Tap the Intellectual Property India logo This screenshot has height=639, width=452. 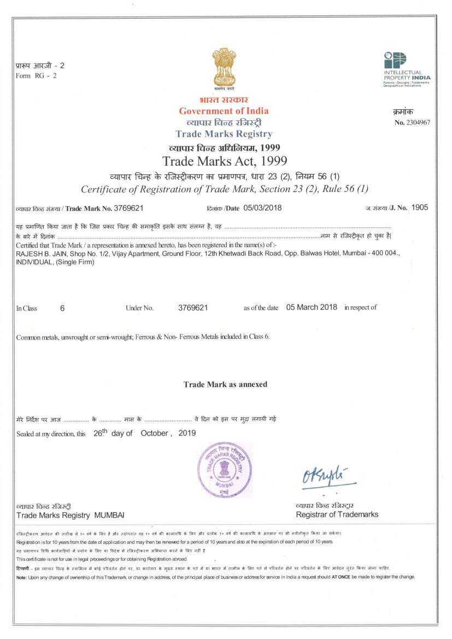click(x=407, y=69)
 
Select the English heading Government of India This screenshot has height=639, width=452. click(x=224, y=111)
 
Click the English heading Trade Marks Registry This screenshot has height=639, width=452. click(x=224, y=134)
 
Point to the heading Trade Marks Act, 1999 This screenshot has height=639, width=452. click(x=225, y=161)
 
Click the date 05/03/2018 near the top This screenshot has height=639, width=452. click(x=262, y=208)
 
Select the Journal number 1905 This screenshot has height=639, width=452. click(x=420, y=208)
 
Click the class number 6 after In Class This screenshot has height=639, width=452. click(x=62, y=308)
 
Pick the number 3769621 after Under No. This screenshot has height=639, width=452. click(x=193, y=308)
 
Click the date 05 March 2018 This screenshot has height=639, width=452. click(x=312, y=307)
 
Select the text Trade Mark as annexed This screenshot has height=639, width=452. click(x=225, y=384)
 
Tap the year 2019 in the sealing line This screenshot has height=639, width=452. click(x=187, y=433)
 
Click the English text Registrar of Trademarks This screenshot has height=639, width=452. click(x=337, y=514)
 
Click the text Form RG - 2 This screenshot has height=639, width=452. click(x=36, y=75)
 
